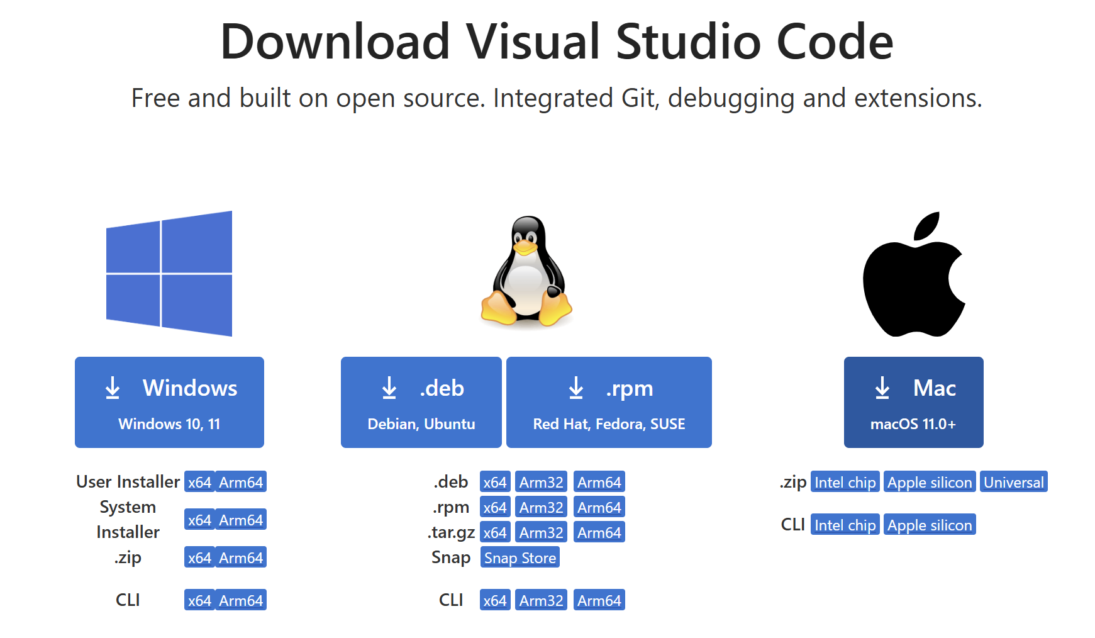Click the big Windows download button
click(169, 403)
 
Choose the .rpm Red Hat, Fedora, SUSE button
click(609, 403)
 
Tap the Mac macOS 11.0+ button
click(913, 403)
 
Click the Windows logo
click(169, 274)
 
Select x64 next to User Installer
click(199, 482)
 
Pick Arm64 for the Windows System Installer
click(241, 520)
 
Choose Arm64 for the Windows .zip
click(241, 557)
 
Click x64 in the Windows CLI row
click(199, 600)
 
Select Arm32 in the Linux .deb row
click(541, 482)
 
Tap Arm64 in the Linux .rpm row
click(599, 507)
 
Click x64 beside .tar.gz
click(495, 532)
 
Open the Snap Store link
click(520, 557)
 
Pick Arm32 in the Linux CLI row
click(541, 600)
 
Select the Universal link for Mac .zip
click(1013, 482)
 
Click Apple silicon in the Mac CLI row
click(930, 525)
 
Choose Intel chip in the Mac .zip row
click(845, 482)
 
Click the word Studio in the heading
click(690, 42)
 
